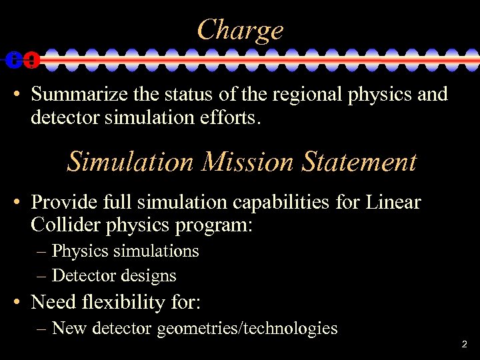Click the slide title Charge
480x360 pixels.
point(240,30)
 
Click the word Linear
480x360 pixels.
point(393,201)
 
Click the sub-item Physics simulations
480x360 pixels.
point(125,251)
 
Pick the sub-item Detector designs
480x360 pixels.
point(113,275)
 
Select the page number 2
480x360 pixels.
point(464,345)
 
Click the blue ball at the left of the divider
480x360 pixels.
point(14,60)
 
